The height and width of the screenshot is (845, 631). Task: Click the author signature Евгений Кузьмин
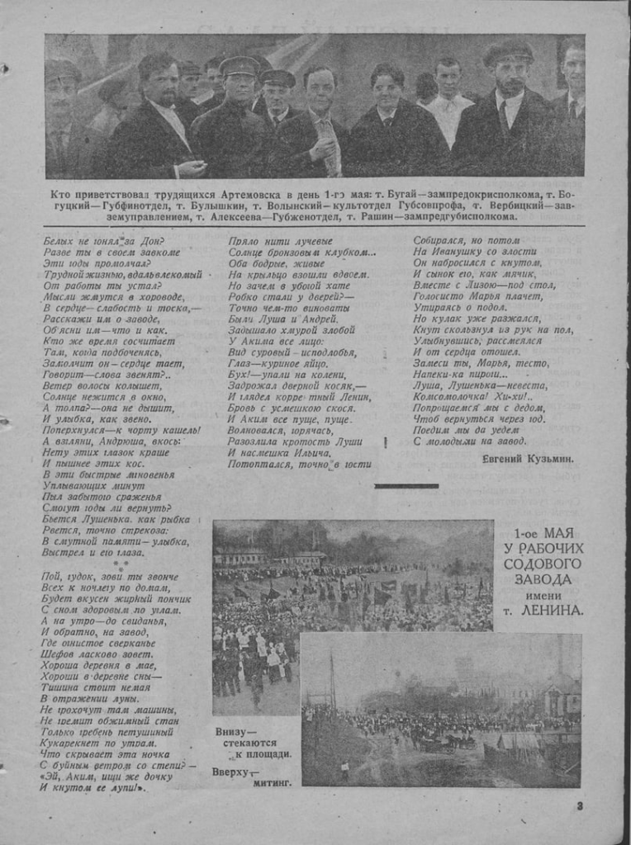coord(528,457)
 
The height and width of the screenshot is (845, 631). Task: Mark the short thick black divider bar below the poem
coord(406,485)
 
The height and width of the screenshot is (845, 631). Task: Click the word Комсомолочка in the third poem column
coord(449,396)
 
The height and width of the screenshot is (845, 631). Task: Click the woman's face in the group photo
coord(387,90)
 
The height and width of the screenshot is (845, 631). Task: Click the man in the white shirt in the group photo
coord(448,103)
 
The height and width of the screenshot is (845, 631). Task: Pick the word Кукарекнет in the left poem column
coord(74,742)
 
